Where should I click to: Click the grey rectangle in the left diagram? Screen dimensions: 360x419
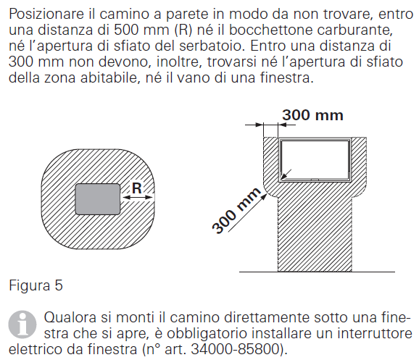[x=98, y=198]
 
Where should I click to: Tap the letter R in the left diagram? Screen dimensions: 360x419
[x=136, y=188]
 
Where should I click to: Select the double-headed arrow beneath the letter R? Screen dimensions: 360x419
[x=137, y=198]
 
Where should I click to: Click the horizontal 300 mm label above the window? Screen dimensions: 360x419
[x=312, y=114]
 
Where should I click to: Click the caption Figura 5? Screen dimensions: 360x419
[x=36, y=285]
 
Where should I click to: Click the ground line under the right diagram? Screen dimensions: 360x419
[x=319, y=271]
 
